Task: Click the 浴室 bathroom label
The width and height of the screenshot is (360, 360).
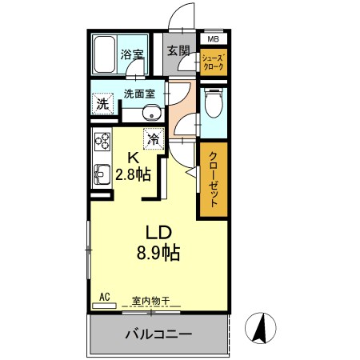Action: coord(131,55)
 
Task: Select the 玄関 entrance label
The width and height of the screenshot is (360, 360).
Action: coord(178,51)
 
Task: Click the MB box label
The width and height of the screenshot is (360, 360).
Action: coord(213,38)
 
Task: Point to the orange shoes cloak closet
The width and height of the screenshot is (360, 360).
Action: coord(213,62)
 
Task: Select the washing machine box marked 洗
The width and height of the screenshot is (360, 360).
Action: coord(103,104)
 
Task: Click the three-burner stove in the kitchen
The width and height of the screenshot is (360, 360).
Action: coord(102,143)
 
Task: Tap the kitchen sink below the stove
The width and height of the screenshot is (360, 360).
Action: coord(102,174)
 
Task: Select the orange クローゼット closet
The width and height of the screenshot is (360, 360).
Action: coord(214,179)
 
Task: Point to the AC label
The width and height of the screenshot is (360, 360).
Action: coord(104,297)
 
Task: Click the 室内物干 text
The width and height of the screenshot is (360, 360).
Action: coord(150,301)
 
